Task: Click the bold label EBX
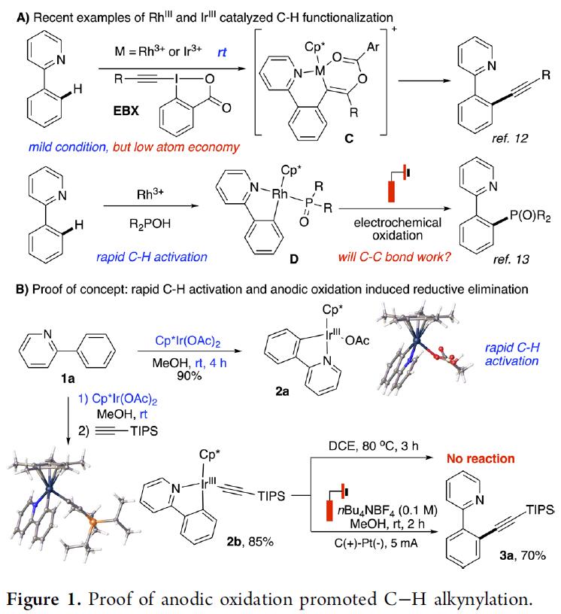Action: [x=126, y=111]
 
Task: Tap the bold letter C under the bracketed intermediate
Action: [x=349, y=138]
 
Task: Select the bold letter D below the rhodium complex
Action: [x=293, y=259]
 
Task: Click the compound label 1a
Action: [x=68, y=378]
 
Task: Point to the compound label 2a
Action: [x=282, y=391]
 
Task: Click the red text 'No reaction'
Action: [x=481, y=458]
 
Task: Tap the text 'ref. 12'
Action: [x=510, y=138]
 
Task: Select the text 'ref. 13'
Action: [x=511, y=260]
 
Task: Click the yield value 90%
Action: [x=189, y=375]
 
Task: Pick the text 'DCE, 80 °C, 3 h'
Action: [x=374, y=445]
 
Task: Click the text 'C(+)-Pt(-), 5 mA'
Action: [x=376, y=543]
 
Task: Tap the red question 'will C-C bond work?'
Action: [x=394, y=257]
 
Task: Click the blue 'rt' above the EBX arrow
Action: [x=222, y=52]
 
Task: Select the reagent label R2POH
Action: [x=150, y=224]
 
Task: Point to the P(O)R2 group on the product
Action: [x=529, y=216]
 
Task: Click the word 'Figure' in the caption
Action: [x=33, y=600]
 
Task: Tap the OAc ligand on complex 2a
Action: [x=357, y=340]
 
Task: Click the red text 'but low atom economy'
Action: [x=176, y=147]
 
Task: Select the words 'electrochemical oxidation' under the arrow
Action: [x=397, y=229]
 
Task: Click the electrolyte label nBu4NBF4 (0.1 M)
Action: [x=387, y=511]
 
